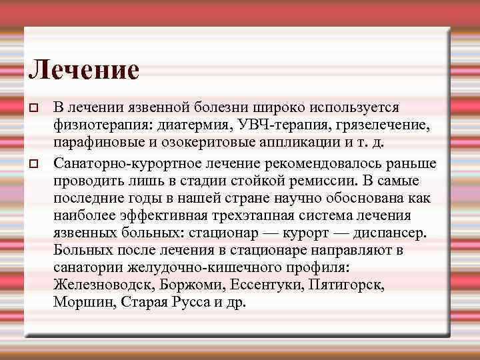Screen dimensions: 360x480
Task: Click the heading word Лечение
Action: click(84, 70)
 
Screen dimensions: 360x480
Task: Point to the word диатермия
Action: click(187, 126)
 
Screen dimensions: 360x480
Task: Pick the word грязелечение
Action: click(374, 126)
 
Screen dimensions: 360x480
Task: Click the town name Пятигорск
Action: click(346, 285)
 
